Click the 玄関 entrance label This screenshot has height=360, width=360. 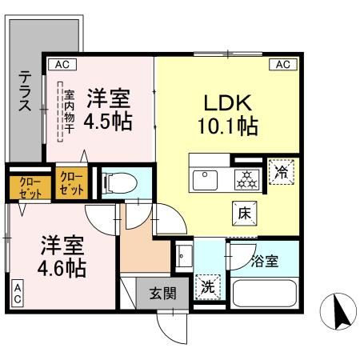tap(156, 294)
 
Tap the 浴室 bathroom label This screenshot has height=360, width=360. tap(264, 261)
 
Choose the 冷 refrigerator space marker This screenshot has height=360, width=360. tap(281, 170)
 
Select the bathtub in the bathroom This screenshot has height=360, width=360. tap(264, 292)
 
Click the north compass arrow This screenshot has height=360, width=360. tap(339, 310)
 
